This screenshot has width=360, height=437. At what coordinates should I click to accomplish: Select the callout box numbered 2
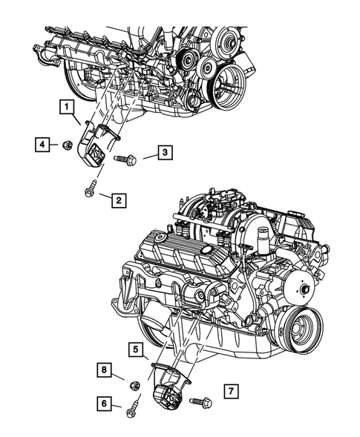click(x=117, y=198)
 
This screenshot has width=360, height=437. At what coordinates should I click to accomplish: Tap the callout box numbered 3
click(x=166, y=154)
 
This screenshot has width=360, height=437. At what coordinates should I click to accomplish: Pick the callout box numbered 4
click(x=42, y=143)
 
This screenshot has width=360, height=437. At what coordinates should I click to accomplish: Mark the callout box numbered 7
click(x=230, y=390)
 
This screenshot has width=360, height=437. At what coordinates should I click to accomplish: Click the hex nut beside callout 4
click(x=66, y=145)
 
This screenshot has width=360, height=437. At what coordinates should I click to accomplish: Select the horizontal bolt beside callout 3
click(x=125, y=158)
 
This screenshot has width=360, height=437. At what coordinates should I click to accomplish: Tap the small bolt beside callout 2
click(x=89, y=188)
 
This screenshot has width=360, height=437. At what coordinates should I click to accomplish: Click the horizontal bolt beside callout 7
click(x=200, y=402)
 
